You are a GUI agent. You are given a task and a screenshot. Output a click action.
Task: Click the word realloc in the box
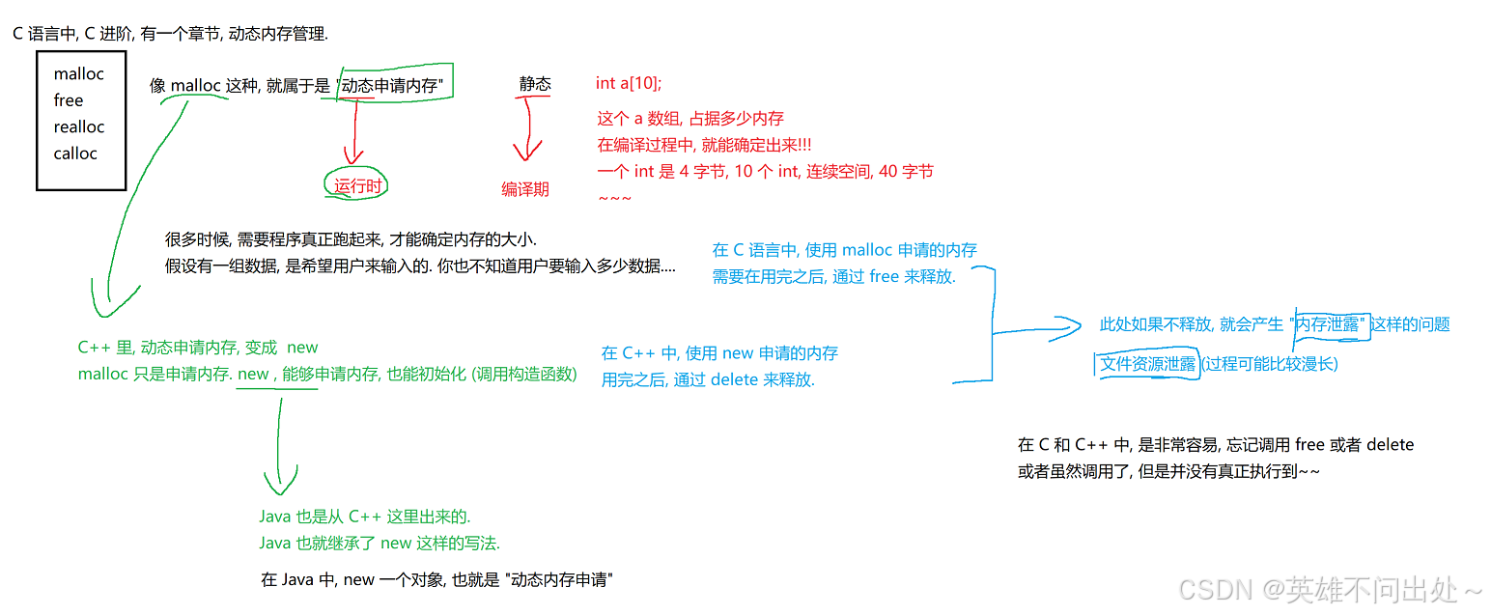click(79, 126)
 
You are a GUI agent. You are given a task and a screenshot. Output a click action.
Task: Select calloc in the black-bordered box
click(75, 153)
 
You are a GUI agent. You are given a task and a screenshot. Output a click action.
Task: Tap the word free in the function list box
click(69, 100)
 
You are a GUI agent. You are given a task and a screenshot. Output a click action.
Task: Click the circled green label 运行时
click(356, 186)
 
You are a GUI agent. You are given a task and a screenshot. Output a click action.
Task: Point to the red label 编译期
click(524, 189)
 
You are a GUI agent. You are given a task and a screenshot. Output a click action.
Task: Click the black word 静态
click(535, 84)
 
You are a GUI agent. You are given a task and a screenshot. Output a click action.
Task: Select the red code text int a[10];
click(629, 83)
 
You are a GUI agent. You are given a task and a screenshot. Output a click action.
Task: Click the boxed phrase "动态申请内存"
click(391, 85)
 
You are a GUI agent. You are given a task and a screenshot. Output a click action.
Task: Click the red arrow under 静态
click(526, 135)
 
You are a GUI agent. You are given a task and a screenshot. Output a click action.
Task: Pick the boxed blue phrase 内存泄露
click(1329, 324)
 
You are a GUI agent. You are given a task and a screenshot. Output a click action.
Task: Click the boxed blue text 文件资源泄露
click(1148, 364)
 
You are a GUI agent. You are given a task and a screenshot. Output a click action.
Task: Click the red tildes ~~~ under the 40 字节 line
click(615, 199)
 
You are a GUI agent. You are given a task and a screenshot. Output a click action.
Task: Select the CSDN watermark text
click(1331, 589)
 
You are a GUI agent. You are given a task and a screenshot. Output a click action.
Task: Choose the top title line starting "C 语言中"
click(170, 34)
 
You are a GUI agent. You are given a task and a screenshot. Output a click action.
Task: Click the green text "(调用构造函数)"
click(524, 374)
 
